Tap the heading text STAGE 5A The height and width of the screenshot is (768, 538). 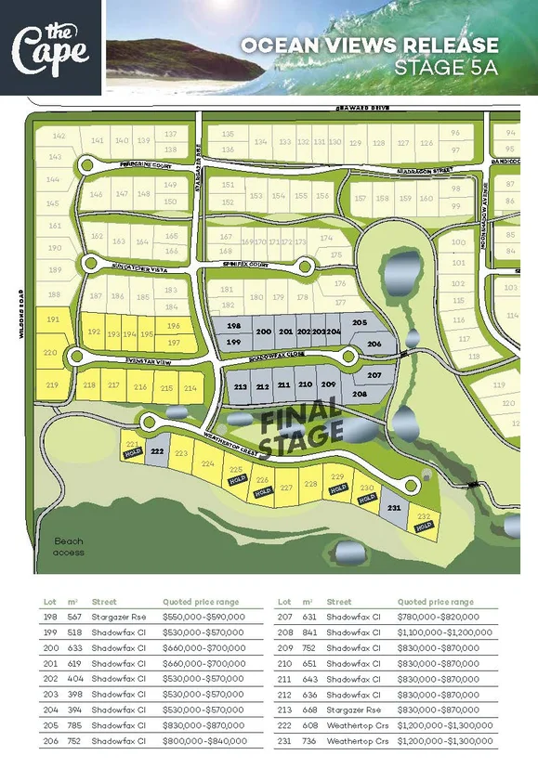click(x=446, y=68)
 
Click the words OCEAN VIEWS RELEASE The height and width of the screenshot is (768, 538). click(x=369, y=46)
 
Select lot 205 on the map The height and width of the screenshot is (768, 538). click(x=360, y=322)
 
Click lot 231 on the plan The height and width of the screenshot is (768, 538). click(x=393, y=508)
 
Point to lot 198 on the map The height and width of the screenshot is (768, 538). click(x=233, y=327)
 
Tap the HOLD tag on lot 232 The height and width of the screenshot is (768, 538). click(x=425, y=527)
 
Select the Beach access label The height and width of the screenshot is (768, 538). click(x=69, y=546)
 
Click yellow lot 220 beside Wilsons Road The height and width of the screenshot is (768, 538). click(x=50, y=353)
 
